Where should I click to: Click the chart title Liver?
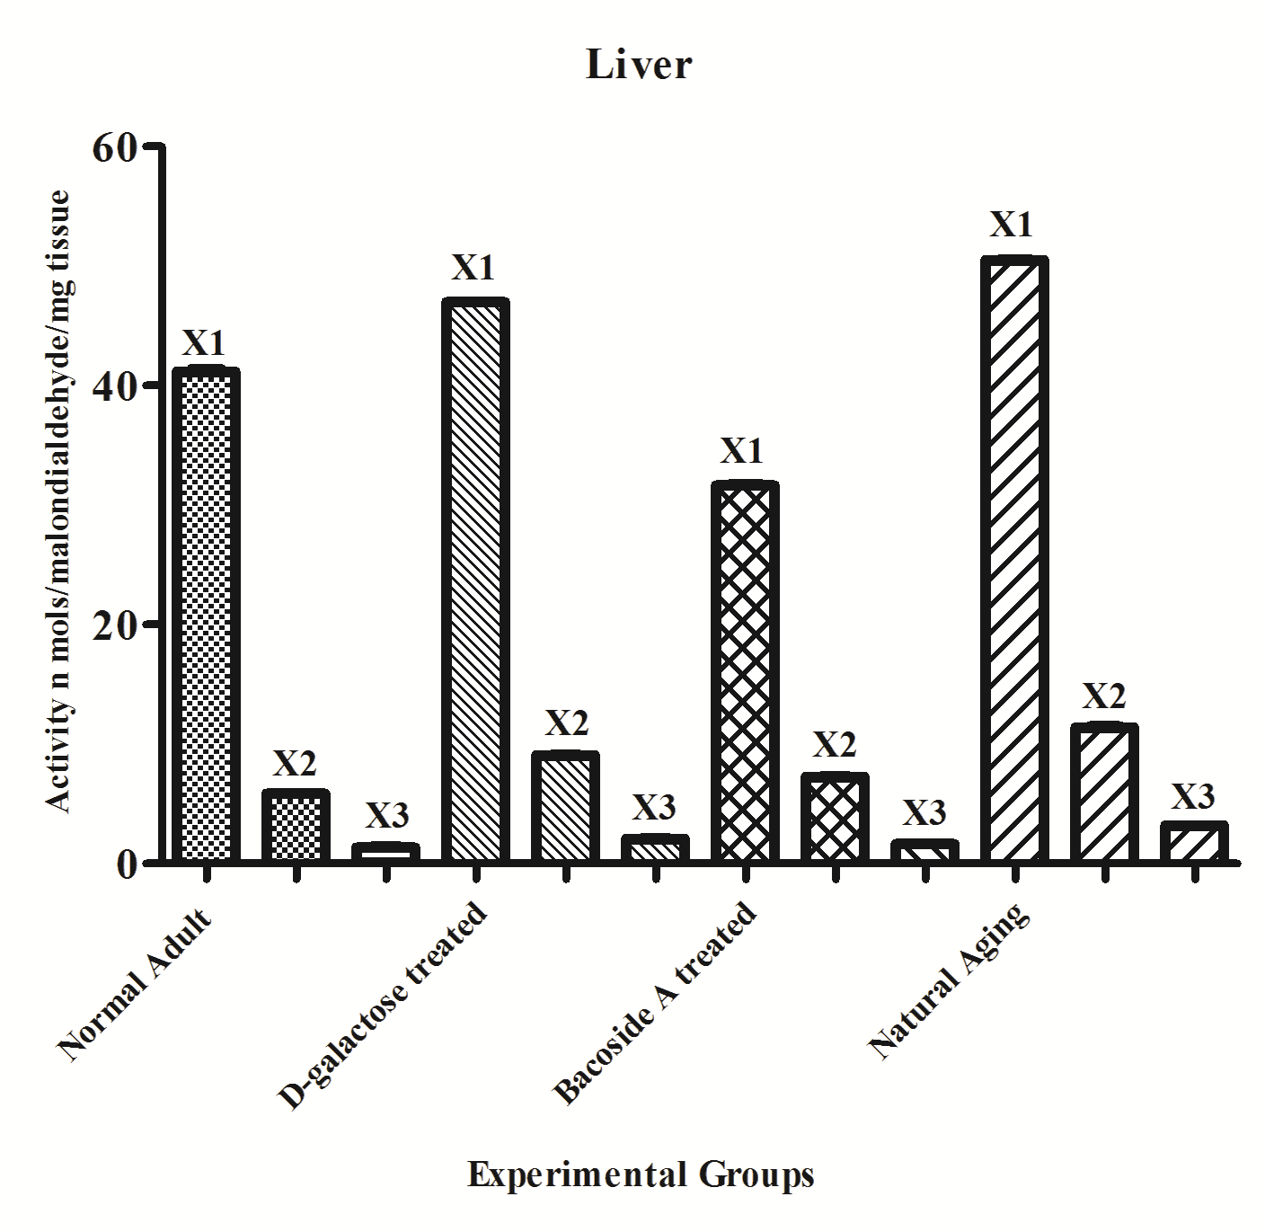[639, 66]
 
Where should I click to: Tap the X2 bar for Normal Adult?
[296, 826]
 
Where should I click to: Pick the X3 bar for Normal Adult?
[385, 853]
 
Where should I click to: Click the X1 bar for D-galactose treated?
[475, 581]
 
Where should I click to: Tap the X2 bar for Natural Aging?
[1104, 793]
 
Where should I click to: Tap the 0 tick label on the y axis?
[126, 863]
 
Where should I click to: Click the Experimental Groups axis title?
[640, 1174]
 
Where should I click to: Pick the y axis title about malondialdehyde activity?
[59, 501]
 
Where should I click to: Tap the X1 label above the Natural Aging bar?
[1012, 225]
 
